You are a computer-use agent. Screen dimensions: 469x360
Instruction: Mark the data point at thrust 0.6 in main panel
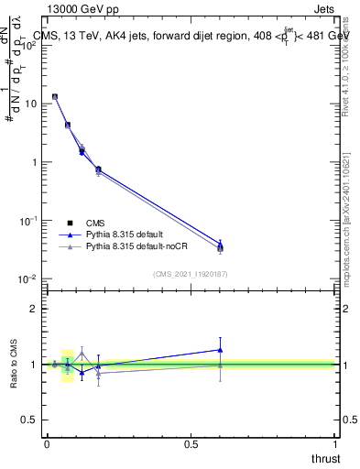(220, 246)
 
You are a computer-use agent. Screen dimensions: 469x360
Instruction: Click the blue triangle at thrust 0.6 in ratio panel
(220, 349)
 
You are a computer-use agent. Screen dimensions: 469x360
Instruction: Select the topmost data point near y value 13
(55, 96)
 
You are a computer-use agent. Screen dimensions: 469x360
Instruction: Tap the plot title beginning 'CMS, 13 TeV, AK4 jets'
(191, 36)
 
